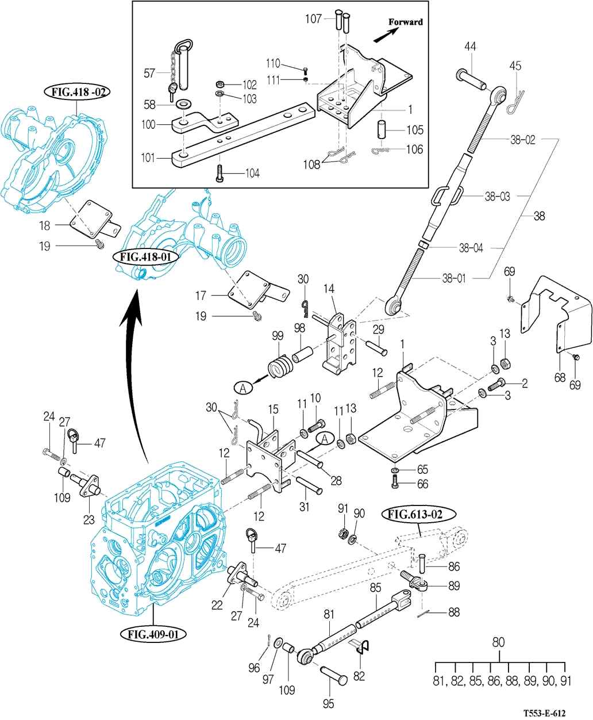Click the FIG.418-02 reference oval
pos(76,92)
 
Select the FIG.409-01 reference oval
pos(153,635)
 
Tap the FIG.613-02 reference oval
pos(419,514)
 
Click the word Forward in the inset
pos(405,22)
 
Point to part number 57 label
pos(149,73)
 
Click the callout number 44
pos(470,47)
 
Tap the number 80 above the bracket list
pos(498,642)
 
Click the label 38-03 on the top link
pos(497,197)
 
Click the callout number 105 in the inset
pos(415,130)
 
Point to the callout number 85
pos(375,588)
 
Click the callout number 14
pos(329,289)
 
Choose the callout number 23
pos(88,520)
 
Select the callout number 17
pos(201,296)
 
